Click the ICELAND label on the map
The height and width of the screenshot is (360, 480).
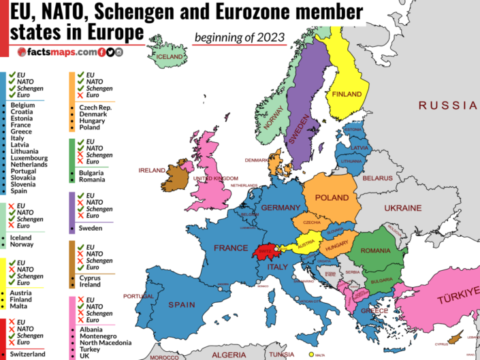pyautogui.click(x=171, y=57)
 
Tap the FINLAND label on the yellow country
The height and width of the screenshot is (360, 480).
pyautogui.click(x=347, y=94)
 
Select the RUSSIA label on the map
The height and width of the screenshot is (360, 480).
pyautogui.click(x=447, y=105)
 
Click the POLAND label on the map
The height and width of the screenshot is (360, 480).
pyautogui.click(x=331, y=197)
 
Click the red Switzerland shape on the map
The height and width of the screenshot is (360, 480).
pyautogui.click(x=264, y=251)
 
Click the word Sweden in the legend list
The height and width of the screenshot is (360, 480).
pyautogui.click(x=90, y=228)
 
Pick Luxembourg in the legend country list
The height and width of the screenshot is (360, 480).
pyautogui.click(x=29, y=158)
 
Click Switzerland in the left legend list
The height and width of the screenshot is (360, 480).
pyautogui.click(x=28, y=354)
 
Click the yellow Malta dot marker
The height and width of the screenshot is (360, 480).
pyautogui.click(x=312, y=354)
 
